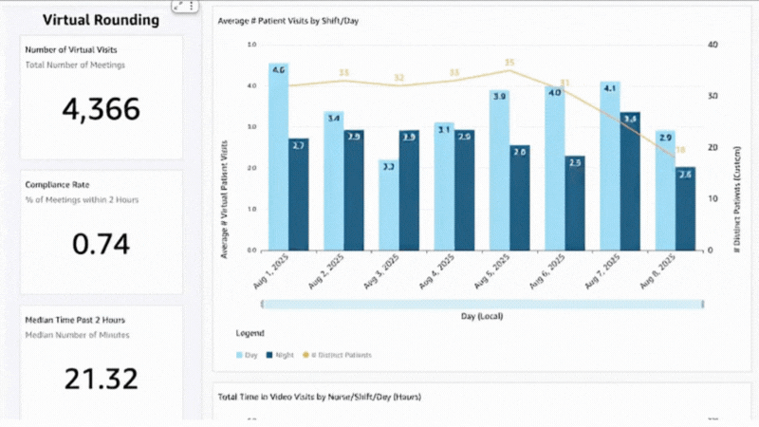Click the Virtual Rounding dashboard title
(100, 19)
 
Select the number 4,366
(101, 109)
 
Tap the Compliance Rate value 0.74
(101, 244)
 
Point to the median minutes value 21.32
(101, 379)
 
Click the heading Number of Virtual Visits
(72, 49)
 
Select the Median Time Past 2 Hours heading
(75, 320)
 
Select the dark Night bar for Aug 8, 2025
(685, 211)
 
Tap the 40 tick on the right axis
(713, 45)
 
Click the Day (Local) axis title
(481, 315)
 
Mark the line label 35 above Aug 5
(509, 63)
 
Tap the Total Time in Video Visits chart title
(319, 396)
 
